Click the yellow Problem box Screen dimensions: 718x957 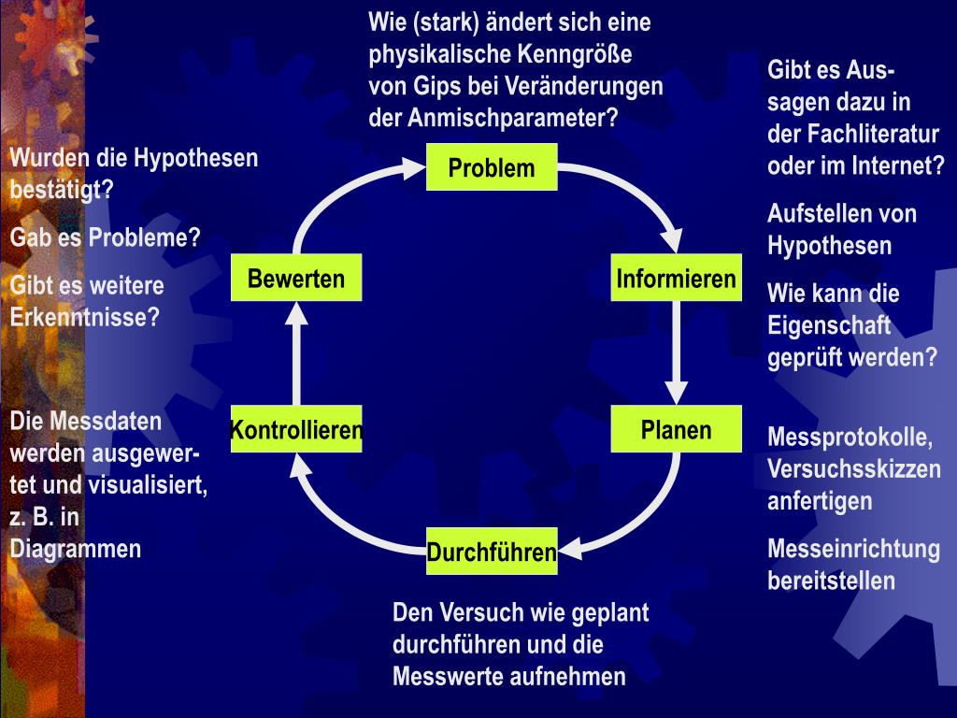coord(492,167)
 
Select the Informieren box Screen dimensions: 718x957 coord(676,279)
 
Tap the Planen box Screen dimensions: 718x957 coord(676,429)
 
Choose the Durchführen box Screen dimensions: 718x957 coord(492,552)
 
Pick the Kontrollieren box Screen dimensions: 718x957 coord(296,430)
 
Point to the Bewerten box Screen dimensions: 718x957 coord(296,279)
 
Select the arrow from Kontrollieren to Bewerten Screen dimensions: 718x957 coord(296,355)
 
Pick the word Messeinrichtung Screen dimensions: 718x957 coord(853,549)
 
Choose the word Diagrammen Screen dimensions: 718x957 coord(75,549)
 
